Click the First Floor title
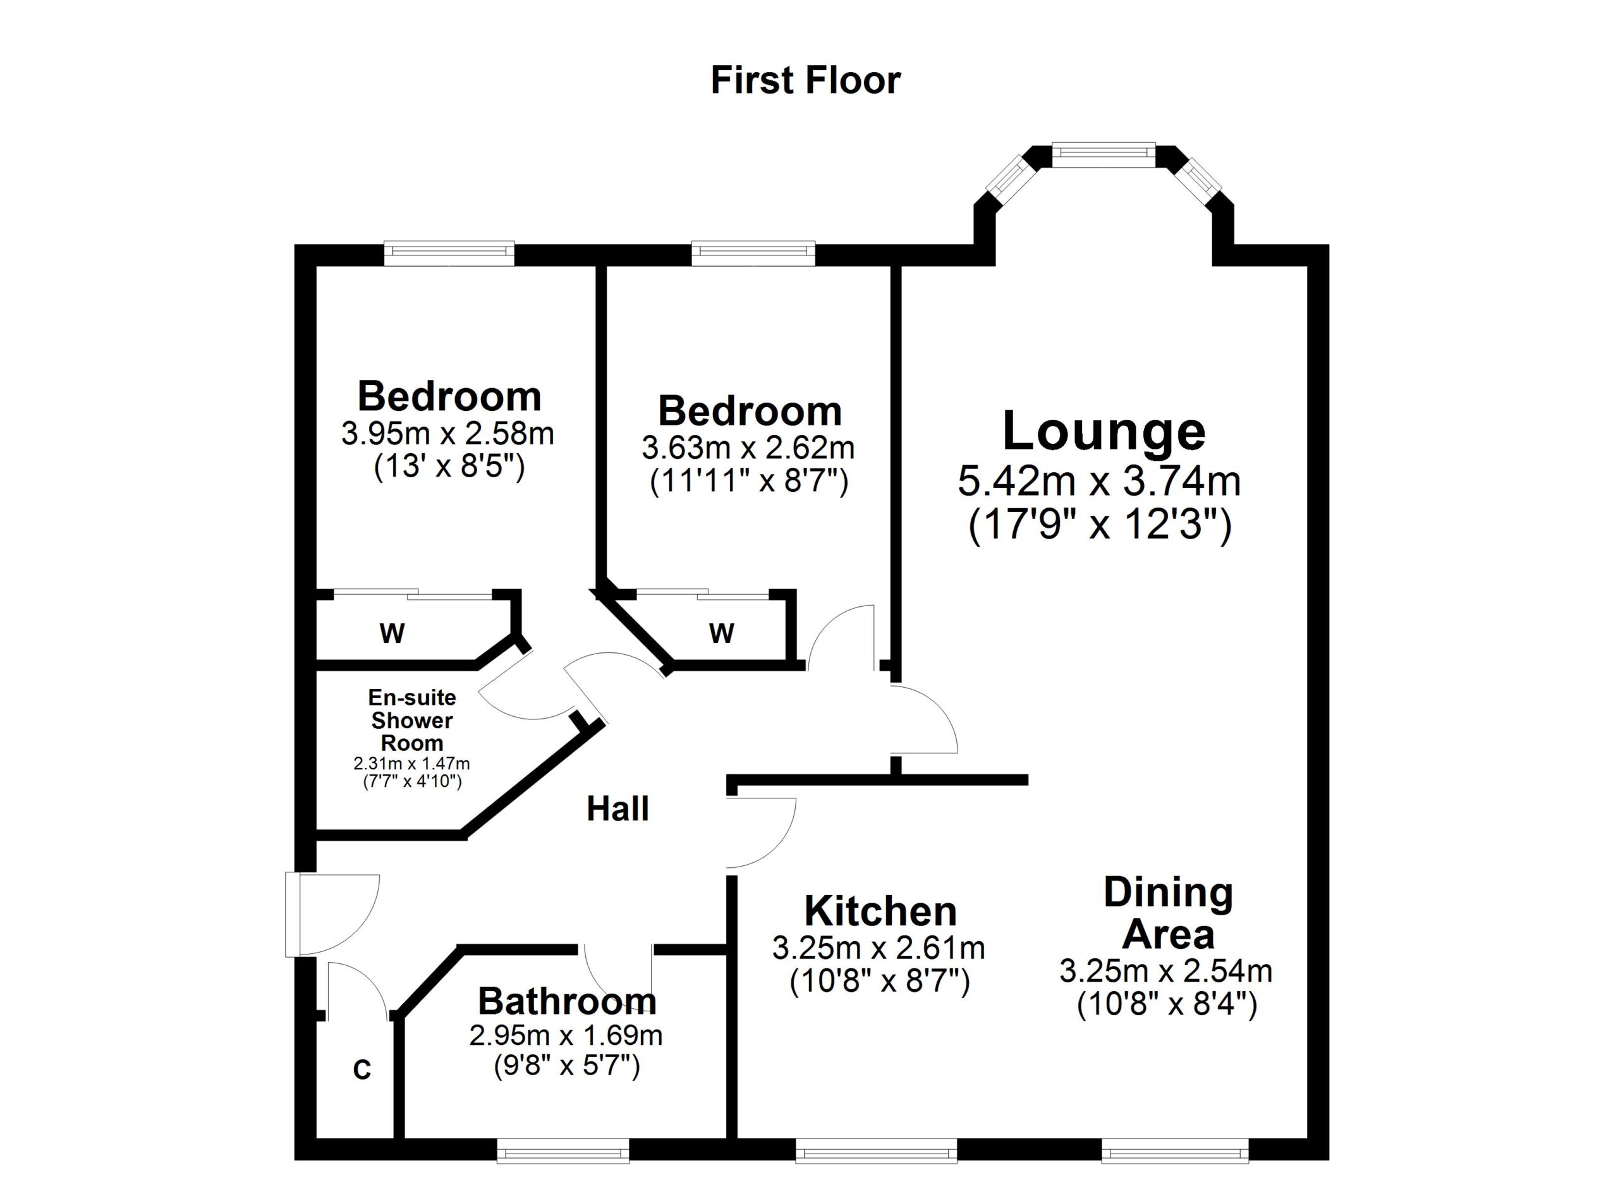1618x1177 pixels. coord(805,81)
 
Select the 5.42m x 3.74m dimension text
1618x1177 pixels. coord(1099,481)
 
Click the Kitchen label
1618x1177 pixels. coord(880,912)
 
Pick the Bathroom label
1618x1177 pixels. coord(566,1001)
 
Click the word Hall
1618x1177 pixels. coord(617,809)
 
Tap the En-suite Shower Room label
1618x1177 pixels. coord(411,720)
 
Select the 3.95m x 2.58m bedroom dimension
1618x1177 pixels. coord(447,433)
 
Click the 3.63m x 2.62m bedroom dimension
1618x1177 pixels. coord(748,448)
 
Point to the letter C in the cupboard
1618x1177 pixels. coord(362,1070)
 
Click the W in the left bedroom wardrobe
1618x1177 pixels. coord(392,633)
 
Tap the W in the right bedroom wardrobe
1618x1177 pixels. coord(721,633)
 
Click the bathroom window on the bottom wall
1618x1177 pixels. coord(563,1150)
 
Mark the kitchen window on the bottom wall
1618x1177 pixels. coord(876,1150)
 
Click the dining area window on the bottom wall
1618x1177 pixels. coord(1175,1150)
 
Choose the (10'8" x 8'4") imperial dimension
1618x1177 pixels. coord(1167,1006)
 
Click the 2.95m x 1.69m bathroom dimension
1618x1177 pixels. coord(566,1035)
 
